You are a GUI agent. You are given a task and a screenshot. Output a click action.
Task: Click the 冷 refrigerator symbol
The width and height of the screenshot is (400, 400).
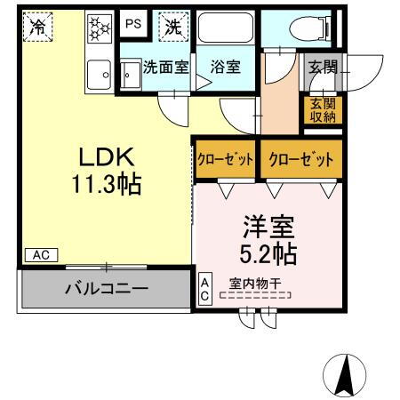tap(38, 28)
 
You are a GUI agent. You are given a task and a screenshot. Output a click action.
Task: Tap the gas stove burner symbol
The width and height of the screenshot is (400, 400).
tap(98, 28)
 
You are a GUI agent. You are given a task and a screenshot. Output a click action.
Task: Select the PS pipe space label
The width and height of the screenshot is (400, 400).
tap(132, 24)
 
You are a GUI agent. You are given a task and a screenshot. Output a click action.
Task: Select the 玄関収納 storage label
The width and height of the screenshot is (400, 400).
tap(323, 109)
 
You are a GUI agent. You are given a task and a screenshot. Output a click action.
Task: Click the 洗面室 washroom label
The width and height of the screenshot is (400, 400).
tap(166, 66)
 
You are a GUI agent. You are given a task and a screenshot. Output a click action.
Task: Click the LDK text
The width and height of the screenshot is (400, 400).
tap(107, 158)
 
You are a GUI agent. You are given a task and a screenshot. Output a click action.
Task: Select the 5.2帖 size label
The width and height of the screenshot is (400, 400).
tap(266, 254)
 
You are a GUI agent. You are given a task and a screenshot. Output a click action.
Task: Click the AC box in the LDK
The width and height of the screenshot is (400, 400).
tap(39, 254)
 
